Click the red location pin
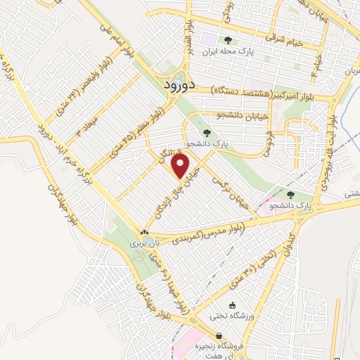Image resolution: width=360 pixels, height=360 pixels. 181,166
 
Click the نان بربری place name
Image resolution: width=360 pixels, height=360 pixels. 144,243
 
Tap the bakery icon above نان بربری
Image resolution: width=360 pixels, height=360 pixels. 144,232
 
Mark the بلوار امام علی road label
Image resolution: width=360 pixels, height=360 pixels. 127,42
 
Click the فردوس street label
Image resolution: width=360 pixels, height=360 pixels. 267,141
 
